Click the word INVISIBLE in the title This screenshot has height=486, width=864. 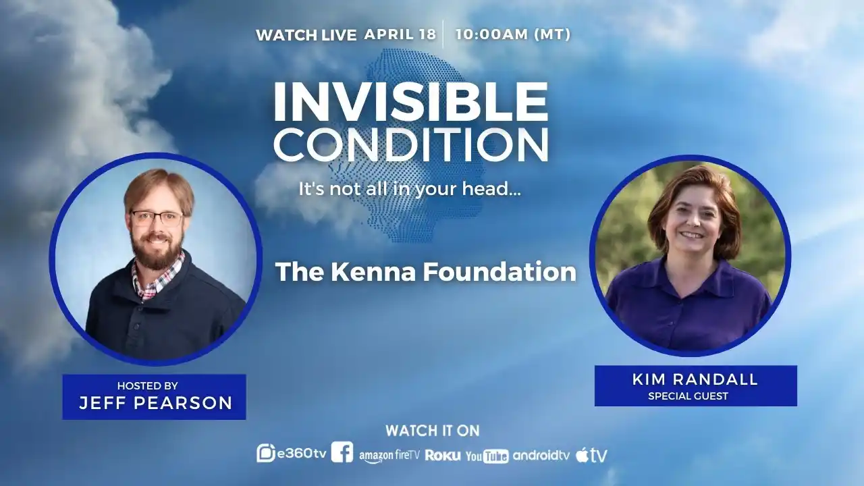[x=410, y=103]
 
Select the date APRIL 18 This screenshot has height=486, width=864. [x=400, y=34]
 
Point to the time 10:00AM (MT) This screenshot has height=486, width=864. [x=513, y=34]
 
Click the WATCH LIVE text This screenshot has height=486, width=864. [x=306, y=35]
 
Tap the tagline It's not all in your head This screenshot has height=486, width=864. [x=410, y=189]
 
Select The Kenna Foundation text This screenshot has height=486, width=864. [x=426, y=271]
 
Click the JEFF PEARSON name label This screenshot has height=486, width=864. [x=155, y=404]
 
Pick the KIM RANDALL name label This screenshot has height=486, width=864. [x=695, y=379]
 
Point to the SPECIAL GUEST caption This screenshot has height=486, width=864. [x=688, y=396]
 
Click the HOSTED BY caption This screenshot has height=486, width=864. [x=147, y=386]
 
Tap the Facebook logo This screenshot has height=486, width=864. [x=342, y=452]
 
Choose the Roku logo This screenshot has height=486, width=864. [x=443, y=456]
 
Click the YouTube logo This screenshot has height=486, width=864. [x=487, y=456]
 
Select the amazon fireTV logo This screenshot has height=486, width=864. [x=389, y=456]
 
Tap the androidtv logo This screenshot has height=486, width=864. [x=541, y=456]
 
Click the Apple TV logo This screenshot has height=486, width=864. [x=591, y=456]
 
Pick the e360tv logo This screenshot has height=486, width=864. [x=292, y=454]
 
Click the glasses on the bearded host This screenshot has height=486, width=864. [x=157, y=217]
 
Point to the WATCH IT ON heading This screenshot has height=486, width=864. [x=432, y=431]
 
